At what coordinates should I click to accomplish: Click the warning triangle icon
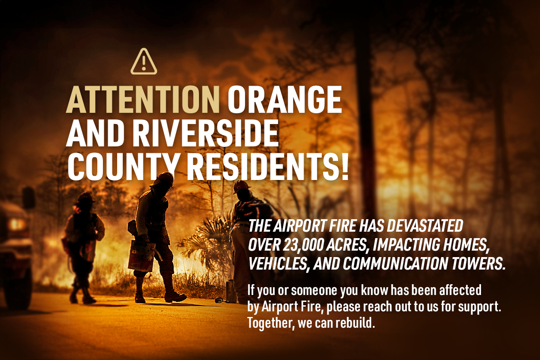[x=144, y=62]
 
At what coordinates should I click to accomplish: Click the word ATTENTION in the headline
[x=143, y=99]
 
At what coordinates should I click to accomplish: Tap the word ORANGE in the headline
[x=285, y=99]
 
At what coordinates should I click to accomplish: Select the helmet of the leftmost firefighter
[x=85, y=198]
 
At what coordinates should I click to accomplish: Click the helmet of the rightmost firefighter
[x=241, y=186]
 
